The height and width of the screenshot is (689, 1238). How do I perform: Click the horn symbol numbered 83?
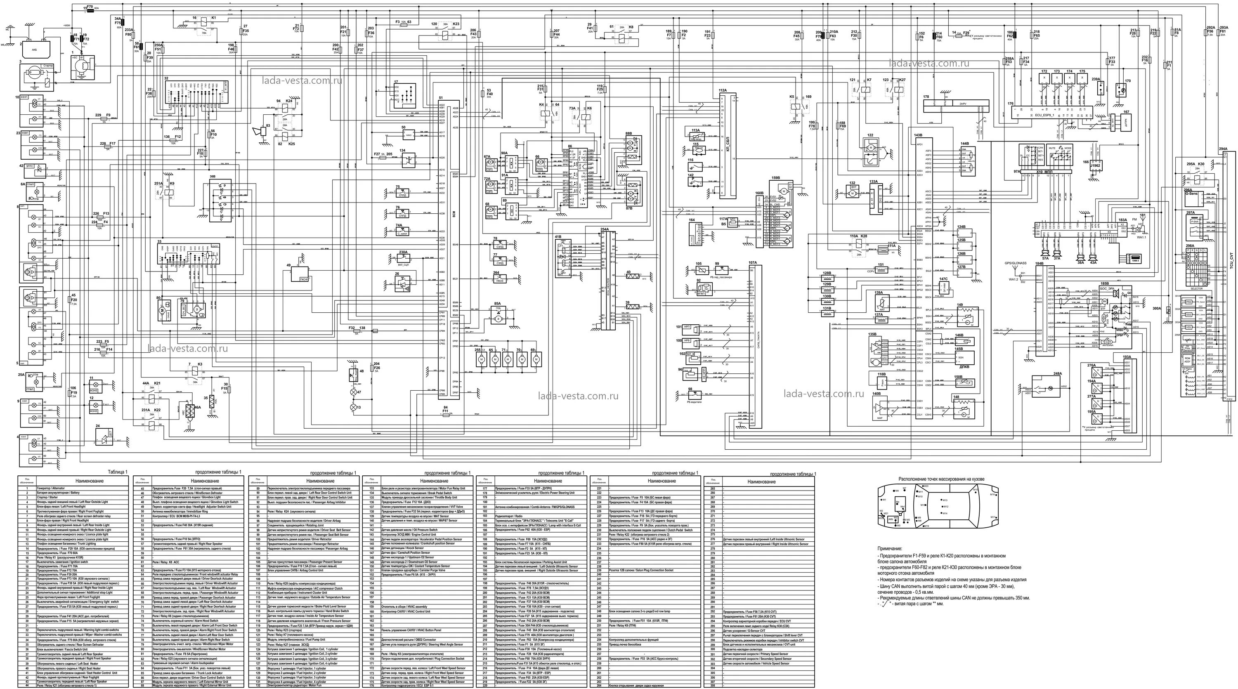point(262,132)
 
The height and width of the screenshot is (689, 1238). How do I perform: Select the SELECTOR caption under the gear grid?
point(1196,289)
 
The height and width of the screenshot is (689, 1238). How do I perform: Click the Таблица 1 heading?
point(118,472)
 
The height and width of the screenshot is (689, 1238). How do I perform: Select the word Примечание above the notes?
point(890,548)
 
